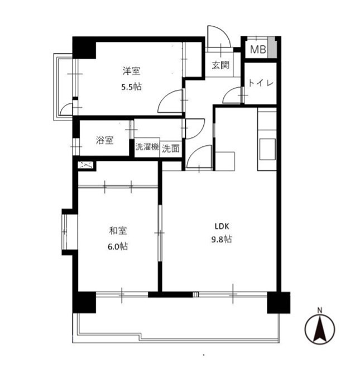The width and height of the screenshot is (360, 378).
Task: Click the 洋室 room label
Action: pos(131,71)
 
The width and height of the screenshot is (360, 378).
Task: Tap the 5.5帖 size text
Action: pos(131,87)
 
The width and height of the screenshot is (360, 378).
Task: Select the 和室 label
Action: pos(118,231)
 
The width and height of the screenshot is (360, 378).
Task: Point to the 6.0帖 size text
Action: pos(118,246)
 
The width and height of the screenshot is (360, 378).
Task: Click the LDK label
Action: pos(222,226)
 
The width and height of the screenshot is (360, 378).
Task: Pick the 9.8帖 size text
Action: pos(222,239)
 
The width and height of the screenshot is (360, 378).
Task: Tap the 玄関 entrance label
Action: pos(220,65)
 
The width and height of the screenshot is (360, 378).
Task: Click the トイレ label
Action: pos(261,83)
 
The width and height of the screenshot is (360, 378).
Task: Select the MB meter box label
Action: pos(258,50)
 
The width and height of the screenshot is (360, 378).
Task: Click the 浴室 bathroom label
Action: pos(104,140)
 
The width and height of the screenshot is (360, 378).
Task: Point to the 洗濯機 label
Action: pos(147,147)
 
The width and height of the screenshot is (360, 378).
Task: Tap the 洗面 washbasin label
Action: pos(171,149)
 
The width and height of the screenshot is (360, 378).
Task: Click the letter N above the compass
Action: pos(319,310)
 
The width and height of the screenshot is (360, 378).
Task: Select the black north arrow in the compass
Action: pos(319,328)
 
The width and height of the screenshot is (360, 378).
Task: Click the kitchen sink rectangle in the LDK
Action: pos(267,149)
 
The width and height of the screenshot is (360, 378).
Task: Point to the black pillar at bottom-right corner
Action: pos(279,303)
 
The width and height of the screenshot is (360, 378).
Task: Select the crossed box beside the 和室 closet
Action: pos(85,165)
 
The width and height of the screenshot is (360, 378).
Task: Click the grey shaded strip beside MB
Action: pos(272,47)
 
